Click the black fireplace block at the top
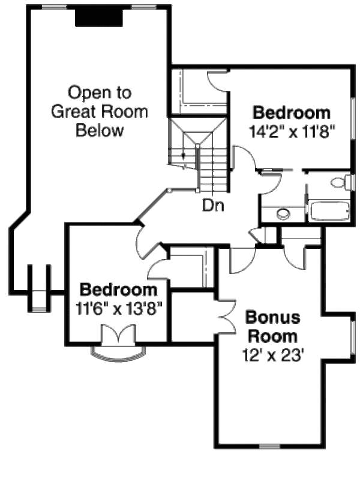click(99, 17)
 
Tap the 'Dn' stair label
click(212, 206)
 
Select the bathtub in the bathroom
click(328, 212)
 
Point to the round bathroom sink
click(283, 213)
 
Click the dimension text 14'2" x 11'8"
click(291, 131)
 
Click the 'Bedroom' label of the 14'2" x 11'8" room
click(291, 113)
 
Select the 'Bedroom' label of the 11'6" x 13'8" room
click(119, 291)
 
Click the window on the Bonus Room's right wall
click(350, 344)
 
